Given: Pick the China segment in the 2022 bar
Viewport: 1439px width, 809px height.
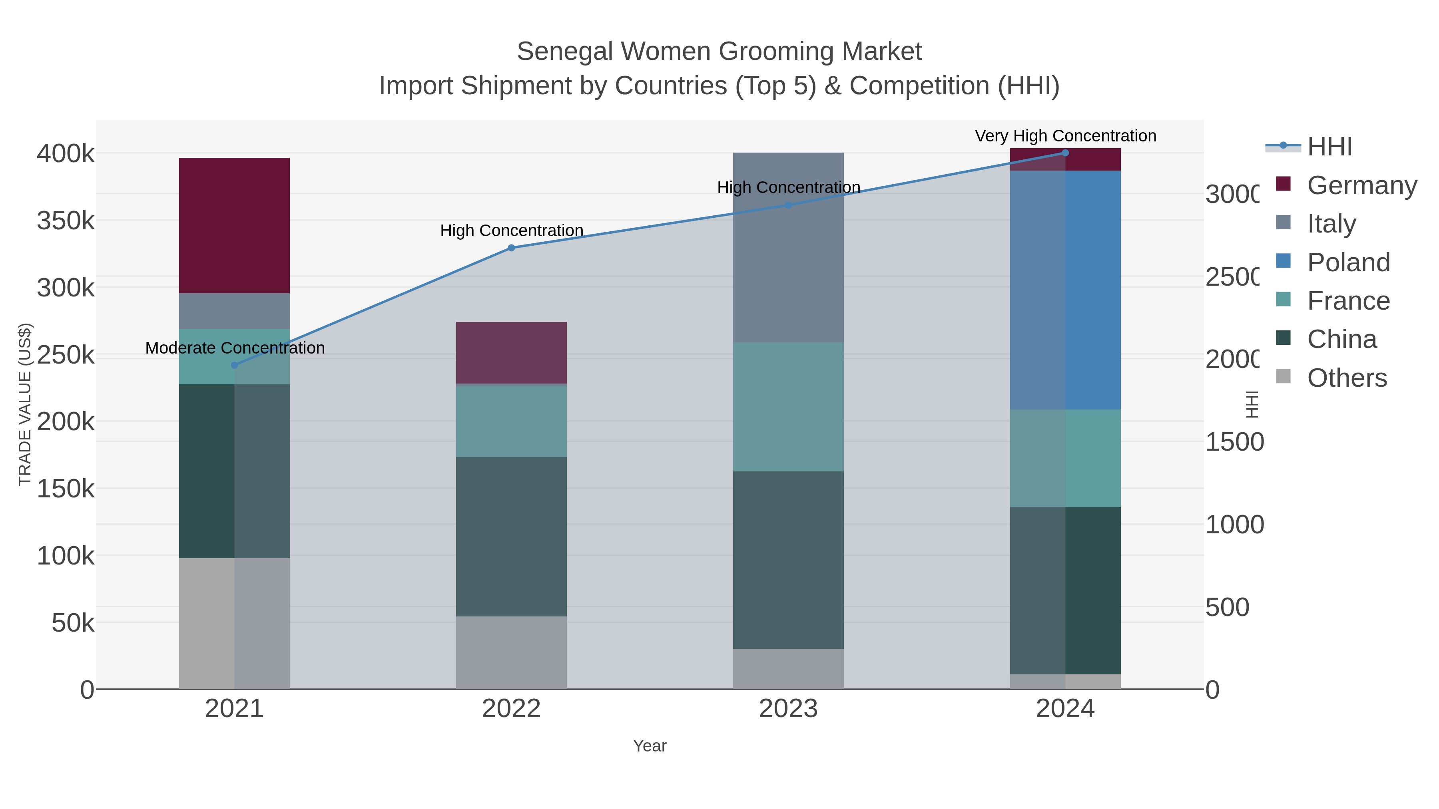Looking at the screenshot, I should point(511,536).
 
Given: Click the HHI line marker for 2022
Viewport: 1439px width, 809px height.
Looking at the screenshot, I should point(511,248).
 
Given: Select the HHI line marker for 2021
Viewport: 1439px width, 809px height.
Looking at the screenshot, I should point(234,365).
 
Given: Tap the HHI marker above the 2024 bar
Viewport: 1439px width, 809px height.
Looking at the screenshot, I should point(1065,153).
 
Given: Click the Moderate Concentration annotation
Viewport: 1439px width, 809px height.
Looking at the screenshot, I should point(235,348).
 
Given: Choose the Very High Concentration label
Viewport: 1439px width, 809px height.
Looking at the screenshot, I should point(1065,136).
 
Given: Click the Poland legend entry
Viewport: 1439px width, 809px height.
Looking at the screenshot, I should point(1348,262).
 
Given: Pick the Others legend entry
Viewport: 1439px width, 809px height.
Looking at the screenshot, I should point(1347,378).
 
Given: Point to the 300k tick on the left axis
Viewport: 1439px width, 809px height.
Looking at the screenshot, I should point(66,288).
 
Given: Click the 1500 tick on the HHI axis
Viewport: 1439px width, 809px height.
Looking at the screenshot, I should point(1234,442).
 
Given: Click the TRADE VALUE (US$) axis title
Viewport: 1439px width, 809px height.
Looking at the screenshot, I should point(24,404).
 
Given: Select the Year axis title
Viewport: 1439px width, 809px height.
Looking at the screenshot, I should point(650,746).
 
